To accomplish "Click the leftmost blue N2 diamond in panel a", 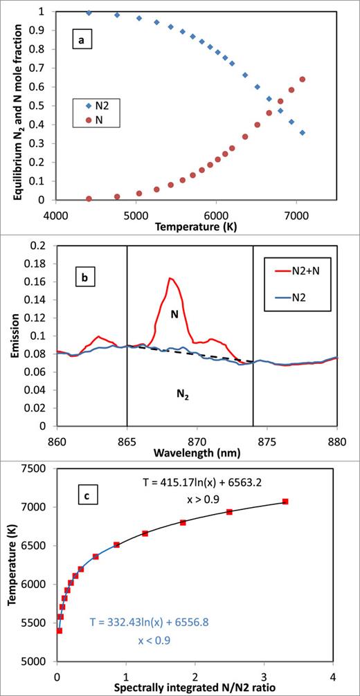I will [89, 12].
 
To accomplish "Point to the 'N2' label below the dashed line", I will [181, 394].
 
